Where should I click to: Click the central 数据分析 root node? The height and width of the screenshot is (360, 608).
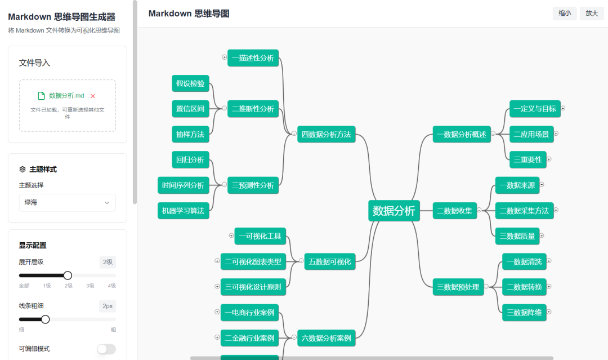click(394, 211)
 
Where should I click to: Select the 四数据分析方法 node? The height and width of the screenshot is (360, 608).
click(327, 134)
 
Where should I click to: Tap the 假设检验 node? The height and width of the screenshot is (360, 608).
click(190, 83)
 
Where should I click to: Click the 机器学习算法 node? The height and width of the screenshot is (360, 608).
click(183, 211)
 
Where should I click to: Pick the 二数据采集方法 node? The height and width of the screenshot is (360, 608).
click(524, 211)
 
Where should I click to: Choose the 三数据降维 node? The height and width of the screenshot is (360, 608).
click(524, 312)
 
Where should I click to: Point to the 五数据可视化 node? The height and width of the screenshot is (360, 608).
click(330, 261)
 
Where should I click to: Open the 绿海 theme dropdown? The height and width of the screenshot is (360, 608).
click(68, 202)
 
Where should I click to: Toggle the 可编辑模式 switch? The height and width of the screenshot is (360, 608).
click(106, 349)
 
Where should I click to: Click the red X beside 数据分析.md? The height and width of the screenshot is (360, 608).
click(93, 96)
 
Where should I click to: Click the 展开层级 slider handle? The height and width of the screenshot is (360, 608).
click(68, 275)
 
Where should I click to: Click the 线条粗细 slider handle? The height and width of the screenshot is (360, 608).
click(46, 319)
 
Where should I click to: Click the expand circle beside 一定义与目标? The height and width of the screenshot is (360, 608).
click(563, 108)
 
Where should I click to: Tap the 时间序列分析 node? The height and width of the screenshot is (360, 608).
click(183, 185)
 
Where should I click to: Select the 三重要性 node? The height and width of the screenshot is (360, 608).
click(527, 159)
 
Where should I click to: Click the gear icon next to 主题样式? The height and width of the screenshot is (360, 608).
click(23, 169)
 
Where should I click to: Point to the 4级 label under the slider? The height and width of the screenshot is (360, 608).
click(112, 286)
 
